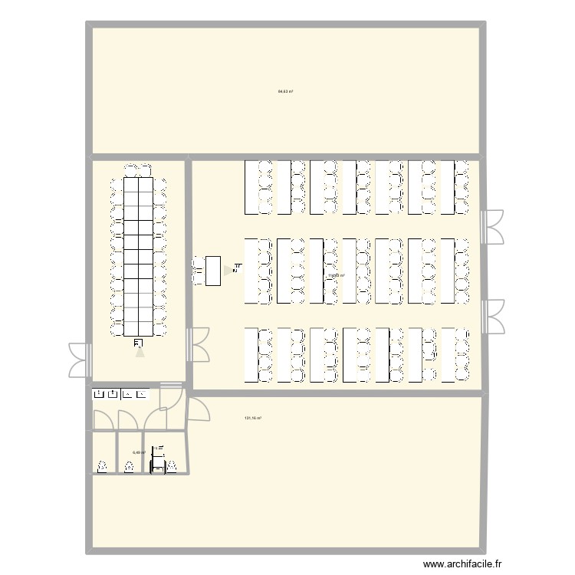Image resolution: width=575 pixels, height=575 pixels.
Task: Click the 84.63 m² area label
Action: pyautogui.click(x=285, y=91)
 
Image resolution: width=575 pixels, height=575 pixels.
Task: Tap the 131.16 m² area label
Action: pyautogui.click(x=253, y=418)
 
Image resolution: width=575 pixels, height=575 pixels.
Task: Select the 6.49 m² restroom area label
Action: pyautogui.click(x=139, y=452)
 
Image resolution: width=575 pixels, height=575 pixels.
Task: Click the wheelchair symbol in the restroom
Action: pyautogui.click(x=158, y=450)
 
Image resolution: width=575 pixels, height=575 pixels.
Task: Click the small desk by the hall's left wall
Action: pyautogui.click(x=213, y=271)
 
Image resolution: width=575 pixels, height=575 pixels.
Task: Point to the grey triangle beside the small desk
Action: pyautogui.click(x=228, y=270)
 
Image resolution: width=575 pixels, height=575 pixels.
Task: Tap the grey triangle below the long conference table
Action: pyautogui.click(x=139, y=352)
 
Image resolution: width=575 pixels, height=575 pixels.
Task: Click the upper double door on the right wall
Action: pyautogui.click(x=491, y=226)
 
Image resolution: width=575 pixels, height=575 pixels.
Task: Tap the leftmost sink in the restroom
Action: pyautogui.click(x=98, y=394)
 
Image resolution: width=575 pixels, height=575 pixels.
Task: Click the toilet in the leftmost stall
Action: pyautogui.click(x=103, y=466)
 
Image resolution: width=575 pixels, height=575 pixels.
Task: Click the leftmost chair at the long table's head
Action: pyautogui.click(x=131, y=168)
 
